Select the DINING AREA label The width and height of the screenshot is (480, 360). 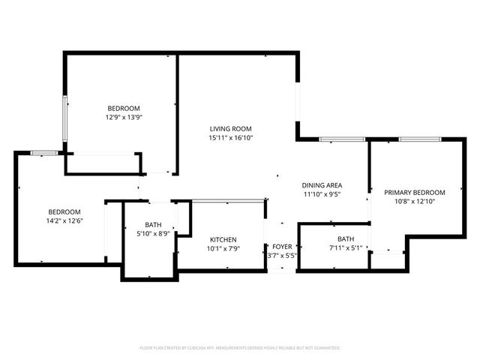[x=322, y=185]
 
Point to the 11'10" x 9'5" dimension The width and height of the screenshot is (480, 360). [x=322, y=194]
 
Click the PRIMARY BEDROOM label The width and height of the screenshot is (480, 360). [x=415, y=192]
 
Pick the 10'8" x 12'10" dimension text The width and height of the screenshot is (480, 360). [x=415, y=201]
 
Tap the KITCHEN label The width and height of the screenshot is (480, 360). [x=223, y=239]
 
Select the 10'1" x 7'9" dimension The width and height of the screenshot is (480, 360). [x=223, y=248]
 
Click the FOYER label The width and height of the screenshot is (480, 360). [x=282, y=247]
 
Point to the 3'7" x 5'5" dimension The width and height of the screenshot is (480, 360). [x=282, y=256]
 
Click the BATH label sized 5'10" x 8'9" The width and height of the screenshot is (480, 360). [x=153, y=224]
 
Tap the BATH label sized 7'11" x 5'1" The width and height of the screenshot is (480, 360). [x=345, y=238]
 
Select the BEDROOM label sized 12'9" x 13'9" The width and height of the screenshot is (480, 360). [x=123, y=108]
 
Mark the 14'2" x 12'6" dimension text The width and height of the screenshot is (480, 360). [x=64, y=220]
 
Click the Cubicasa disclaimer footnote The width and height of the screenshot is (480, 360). [x=240, y=348]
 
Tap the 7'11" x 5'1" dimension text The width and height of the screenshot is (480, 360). [x=345, y=247]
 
